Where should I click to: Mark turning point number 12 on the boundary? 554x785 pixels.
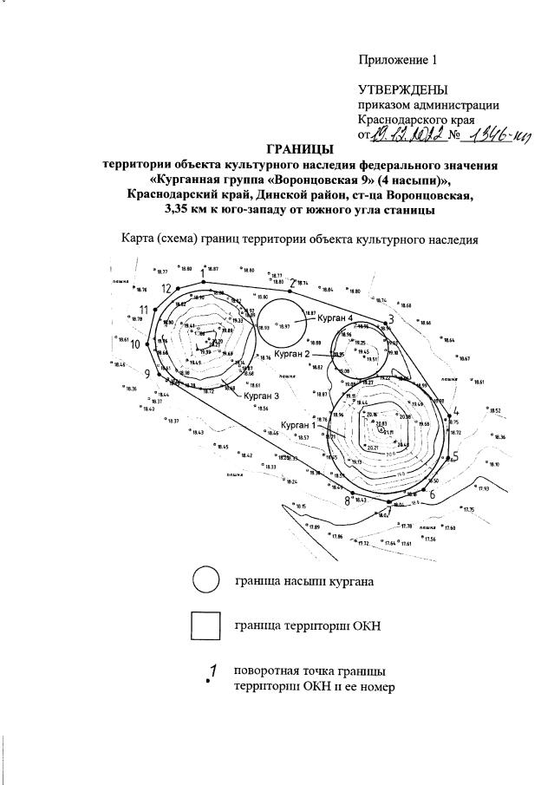(x=178, y=287)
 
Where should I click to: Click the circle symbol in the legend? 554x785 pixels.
(x=206, y=581)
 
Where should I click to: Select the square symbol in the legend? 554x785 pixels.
(x=206, y=625)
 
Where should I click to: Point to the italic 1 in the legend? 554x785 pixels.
(x=211, y=671)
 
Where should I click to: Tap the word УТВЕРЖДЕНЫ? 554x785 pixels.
(x=403, y=90)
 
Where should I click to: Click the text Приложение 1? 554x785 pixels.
(x=400, y=60)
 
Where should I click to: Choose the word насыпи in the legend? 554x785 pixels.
(x=296, y=582)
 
